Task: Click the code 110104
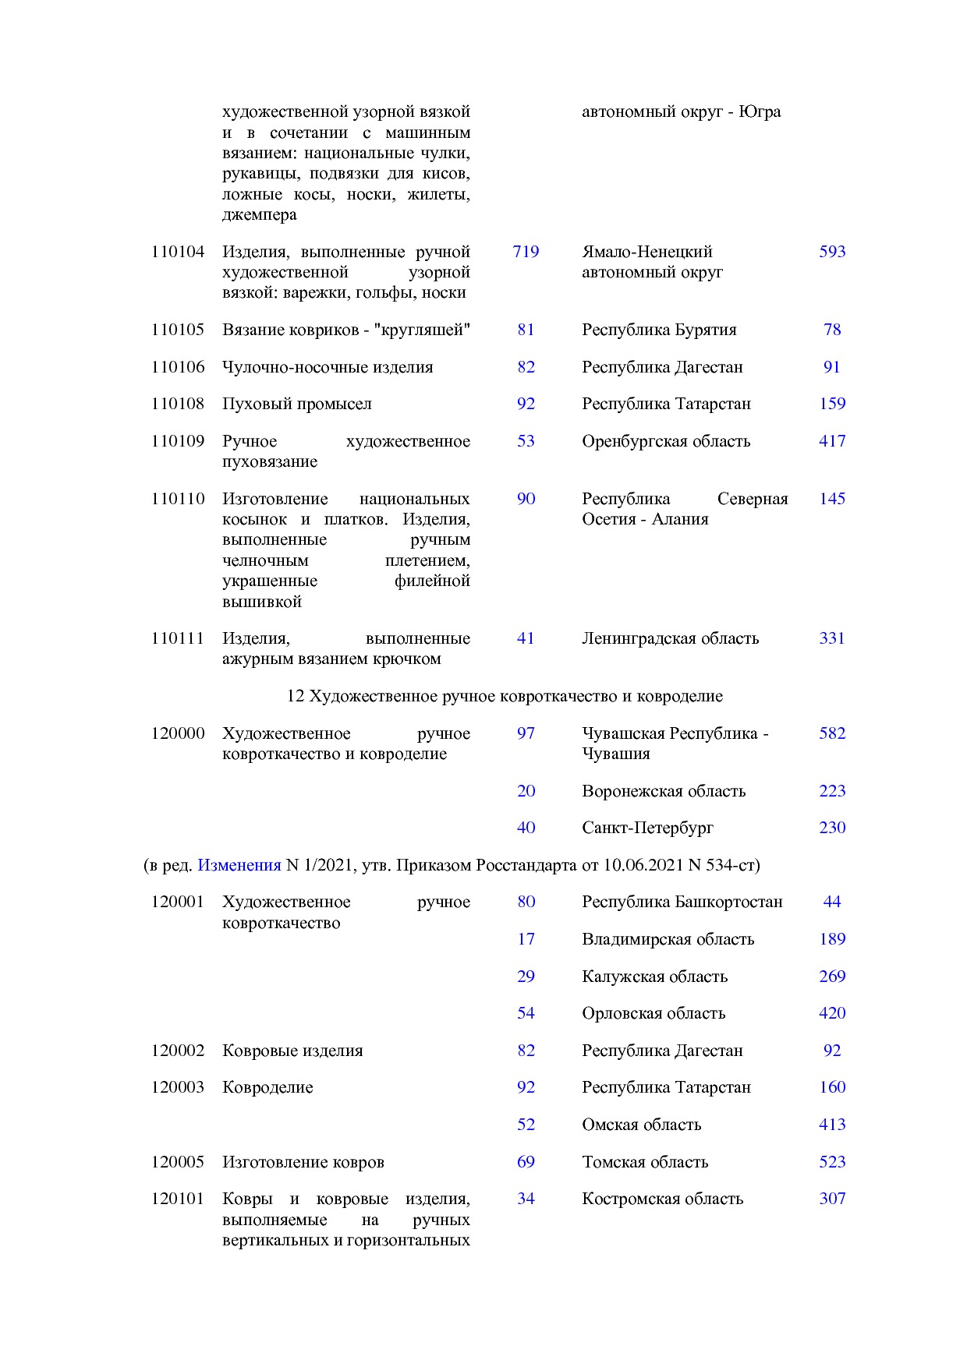pos(178,252)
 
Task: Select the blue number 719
pos(526,252)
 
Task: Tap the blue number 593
pos(832,252)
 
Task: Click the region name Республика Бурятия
pos(659,330)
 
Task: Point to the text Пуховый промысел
pos(296,404)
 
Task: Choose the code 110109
pos(178,441)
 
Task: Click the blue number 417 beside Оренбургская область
pos(832,441)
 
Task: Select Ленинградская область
pos(670,638)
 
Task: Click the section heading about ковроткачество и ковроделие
pos(505,696)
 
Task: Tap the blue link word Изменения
pos(239,865)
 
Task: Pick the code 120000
pos(178,733)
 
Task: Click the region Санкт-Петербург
pos(647,828)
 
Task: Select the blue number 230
pos(832,828)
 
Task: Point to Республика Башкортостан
pos(682,902)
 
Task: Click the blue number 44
pos(832,902)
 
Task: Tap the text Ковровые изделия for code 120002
pos(292,1051)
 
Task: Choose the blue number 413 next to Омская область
pos(832,1125)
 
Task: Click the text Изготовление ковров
pos(303,1162)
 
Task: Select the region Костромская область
pos(662,1199)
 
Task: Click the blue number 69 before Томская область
pos(526,1162)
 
